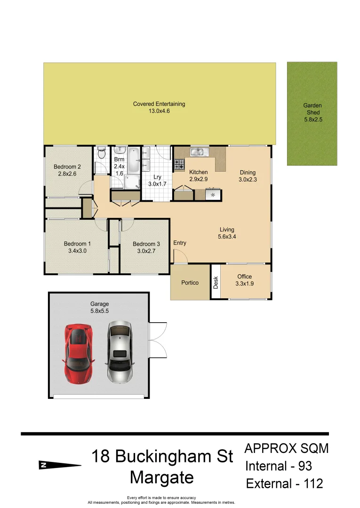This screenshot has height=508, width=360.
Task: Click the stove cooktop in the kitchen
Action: pyautogui.click(x=179, y=165)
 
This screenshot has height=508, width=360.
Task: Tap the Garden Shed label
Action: pyautogui.click(x=313, y=113)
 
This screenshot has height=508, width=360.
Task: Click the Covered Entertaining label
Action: pyautogui.click(x=159, y=108)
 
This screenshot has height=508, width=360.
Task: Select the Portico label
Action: pyautogui.click(x=190, y=283)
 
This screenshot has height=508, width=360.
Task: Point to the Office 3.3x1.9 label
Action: pyautogui.click(x=245, y=280)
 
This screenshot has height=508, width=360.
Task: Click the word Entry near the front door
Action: pyautogui.click(x=180, y=243)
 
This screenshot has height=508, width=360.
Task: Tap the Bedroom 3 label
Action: pyautogui.click(x=146, y=247)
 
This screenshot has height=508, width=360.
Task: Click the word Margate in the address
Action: pyautogui.click(x=162, y=477)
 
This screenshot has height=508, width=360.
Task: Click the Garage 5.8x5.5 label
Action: pyautogui.click(x=100, y=308)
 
